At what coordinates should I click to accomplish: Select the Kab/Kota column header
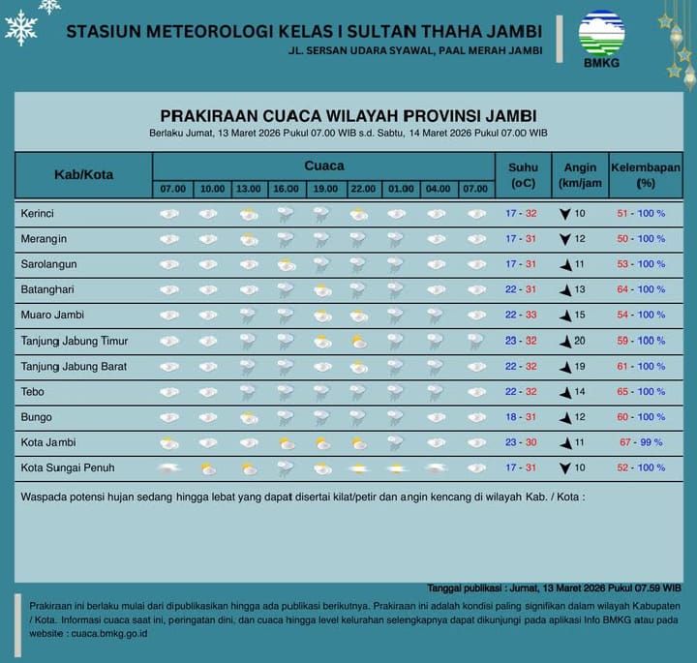click(x=83, y=174)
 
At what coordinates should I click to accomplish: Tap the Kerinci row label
click(x=37, y=213)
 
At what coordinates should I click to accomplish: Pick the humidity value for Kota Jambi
click(x=641, y=442)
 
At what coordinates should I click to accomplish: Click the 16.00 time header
click(x=286, y=189)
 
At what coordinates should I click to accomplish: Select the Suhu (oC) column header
click(x=523, y=174)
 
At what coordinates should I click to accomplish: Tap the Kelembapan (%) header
click(x=646, y=174)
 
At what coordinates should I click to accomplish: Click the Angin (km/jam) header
click(x=580, y=174)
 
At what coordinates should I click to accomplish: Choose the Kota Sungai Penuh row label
click(x=68, y=467)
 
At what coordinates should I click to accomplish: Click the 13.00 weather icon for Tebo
click(x=248, y=392)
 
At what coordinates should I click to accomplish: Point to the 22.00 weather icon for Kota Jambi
click(x=358, y=443)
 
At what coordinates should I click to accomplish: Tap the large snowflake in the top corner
click(x=20, y=28)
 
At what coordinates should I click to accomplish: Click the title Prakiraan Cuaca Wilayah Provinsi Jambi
click(x=348, y=117)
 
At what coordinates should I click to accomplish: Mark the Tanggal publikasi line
click(x=554, y=588)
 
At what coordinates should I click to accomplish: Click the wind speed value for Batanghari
click(x=580, y=289)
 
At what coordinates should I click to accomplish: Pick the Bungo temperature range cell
click(x=521, y=416)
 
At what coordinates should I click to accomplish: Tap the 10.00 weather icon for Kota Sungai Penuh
click(x=208, y=468)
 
